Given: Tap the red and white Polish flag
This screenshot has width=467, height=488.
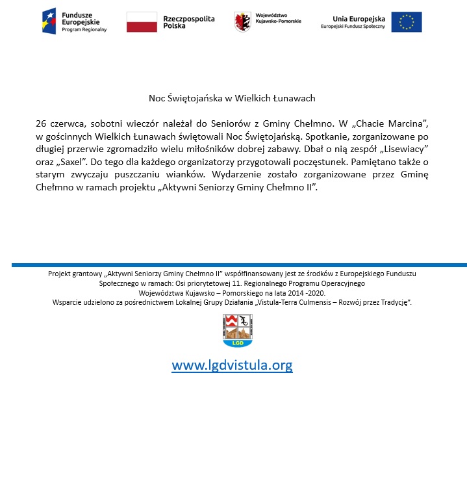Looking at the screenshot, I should [x=142, y=21].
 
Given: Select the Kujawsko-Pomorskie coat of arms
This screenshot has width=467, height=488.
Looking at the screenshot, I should [x=242, y=21].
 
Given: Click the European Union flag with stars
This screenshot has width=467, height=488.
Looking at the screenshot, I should [x=407, y=21].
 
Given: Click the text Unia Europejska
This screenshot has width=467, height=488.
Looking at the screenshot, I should [x=359, y=19].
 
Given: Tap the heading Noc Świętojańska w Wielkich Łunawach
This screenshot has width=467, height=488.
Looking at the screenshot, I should [x=232, y=98].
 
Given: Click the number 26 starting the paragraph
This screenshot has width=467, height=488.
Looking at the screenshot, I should [x=41, y=123].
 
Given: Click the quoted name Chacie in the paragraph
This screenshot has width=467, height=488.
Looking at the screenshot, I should [x=366, y=123].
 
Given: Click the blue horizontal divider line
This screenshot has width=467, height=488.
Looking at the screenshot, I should [x=239, y=265].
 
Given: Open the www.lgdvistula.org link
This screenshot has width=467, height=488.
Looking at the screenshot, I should [x=232, y=365].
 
